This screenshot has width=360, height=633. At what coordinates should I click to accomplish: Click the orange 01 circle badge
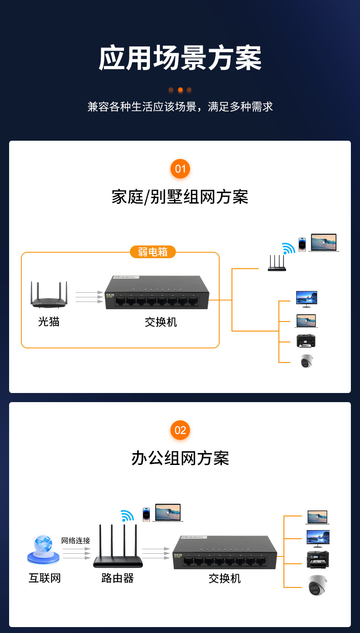click(x=180, y=169)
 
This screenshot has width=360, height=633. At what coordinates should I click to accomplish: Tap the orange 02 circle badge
click(x=180, y=430)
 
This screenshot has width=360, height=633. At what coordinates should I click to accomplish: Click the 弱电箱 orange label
click(x=153, y=252)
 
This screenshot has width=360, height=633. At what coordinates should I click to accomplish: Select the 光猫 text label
click(x=49, y=322)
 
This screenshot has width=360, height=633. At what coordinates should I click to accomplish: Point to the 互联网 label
click(x=45, y=578)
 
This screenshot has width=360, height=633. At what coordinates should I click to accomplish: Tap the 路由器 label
click(x=118, y=578)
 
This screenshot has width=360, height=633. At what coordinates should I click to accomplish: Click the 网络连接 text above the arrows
click(x=76, y=541)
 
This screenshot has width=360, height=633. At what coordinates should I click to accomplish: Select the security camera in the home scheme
click(x=307, y=361)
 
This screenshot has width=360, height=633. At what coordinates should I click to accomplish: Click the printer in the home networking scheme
click(x=306, y=340)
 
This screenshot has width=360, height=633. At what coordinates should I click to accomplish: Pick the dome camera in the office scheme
click(x=317, y=585)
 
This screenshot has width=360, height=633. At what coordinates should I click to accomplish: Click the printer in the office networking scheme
click(x=318, y=560)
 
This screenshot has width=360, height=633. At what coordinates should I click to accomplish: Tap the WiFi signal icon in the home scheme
click(x=288, y=249)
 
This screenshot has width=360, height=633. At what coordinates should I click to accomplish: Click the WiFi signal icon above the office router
click(x=128, y=516)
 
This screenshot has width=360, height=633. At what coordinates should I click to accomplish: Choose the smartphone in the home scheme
click(x=302, y=244)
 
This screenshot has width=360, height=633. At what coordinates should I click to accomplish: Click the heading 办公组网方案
click(x=180, y=458)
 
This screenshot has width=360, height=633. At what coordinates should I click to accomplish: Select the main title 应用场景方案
click(x=180, y=58)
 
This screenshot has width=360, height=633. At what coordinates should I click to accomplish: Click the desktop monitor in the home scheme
click(x=306, y=299)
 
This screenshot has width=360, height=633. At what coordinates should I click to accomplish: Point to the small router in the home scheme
click(x=277, y=264)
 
